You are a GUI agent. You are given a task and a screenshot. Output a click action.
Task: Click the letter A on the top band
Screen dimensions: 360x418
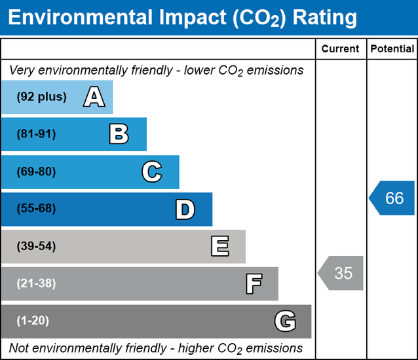94,98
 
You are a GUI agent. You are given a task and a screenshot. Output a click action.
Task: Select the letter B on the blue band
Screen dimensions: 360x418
119,135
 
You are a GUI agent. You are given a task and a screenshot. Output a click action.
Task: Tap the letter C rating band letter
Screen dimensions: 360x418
151,172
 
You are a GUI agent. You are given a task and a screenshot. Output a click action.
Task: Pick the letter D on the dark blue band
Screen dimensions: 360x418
185,209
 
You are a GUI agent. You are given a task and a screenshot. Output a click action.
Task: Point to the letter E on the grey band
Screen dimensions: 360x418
220,247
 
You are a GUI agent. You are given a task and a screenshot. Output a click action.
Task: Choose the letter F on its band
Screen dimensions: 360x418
254,284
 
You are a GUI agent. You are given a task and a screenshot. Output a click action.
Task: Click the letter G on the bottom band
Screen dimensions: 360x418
285,321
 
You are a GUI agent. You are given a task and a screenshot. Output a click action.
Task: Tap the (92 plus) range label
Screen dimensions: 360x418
42,97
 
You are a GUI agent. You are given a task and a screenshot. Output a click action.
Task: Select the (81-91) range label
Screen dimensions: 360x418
37,134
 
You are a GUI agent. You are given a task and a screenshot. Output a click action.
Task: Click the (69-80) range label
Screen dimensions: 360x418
37,172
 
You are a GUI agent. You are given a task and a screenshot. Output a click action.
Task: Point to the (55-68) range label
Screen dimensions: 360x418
37,209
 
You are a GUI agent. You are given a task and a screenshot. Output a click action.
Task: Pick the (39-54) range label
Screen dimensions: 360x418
37,247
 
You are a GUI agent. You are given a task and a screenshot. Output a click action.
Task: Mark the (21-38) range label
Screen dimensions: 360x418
37,283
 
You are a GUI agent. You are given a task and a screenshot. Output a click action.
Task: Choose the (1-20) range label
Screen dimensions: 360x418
33,321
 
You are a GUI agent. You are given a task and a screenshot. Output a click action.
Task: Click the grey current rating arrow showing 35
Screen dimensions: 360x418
341,273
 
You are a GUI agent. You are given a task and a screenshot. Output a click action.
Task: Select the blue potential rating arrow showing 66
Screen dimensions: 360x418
392,198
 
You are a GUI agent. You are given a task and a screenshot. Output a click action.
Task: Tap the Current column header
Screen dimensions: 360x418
341,49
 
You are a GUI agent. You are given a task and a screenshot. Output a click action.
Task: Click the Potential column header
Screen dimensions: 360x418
392,49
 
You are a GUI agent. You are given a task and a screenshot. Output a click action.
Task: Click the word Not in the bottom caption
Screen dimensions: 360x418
20,348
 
